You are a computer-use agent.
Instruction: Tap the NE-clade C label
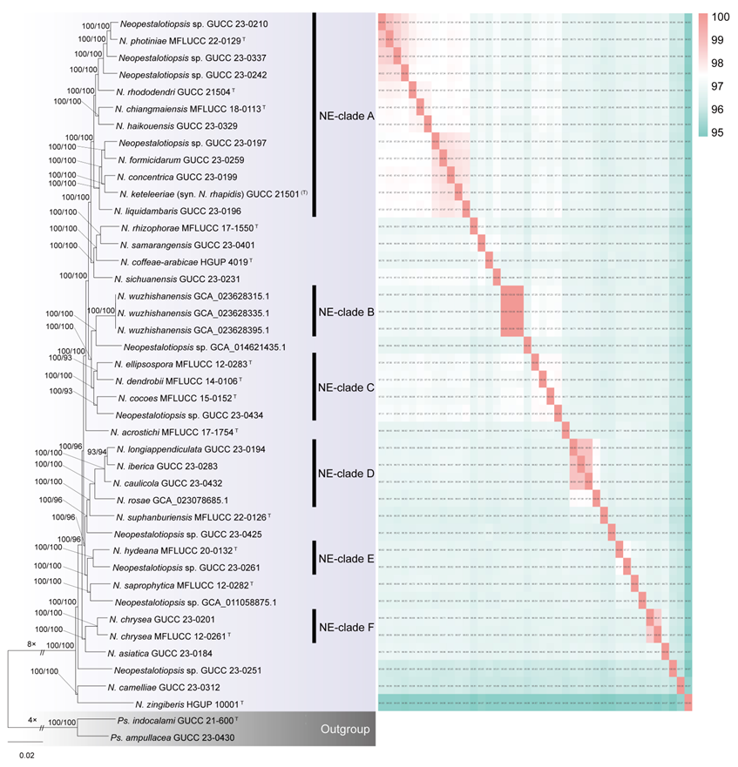(x=345, y=387)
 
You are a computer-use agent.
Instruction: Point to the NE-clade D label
(x=345, y=474)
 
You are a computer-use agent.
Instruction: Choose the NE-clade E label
(x=345, y=558)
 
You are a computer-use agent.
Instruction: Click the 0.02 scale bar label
(x=27, y=757)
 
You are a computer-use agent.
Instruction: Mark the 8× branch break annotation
(x=31, y=644)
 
